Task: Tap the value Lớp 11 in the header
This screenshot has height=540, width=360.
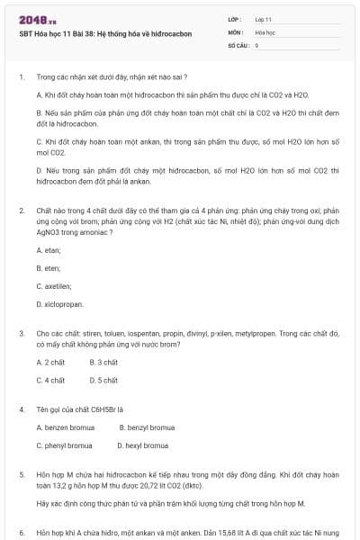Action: coord(264,18)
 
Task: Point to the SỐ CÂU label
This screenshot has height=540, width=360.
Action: coord(238,44)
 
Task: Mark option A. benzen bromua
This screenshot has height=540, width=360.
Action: coord(65,427)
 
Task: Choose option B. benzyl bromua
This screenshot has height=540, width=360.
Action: coord(147,427)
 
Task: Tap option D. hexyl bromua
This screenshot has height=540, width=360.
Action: coord(143,445)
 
